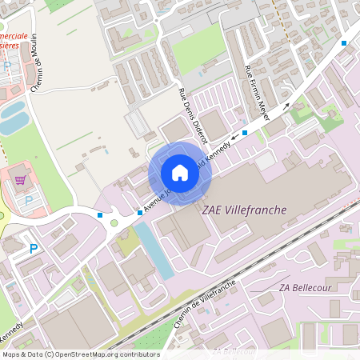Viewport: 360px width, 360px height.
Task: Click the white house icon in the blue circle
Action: [179, 172]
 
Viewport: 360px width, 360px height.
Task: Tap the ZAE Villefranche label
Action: [244, 210]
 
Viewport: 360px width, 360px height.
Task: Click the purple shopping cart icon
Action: [20, 180]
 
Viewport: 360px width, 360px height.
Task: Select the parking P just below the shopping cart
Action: [29, 200]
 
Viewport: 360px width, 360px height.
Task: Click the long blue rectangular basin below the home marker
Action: [154, 250]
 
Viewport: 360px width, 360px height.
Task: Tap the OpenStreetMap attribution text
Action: [80, 354]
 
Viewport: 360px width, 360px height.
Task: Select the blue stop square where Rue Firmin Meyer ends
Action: [245, 132]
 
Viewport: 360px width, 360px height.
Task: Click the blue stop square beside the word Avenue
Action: [139, 213]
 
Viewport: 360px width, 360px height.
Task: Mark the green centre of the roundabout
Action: [114, 223]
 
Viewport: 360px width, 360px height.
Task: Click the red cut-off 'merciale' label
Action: [14, 37]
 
